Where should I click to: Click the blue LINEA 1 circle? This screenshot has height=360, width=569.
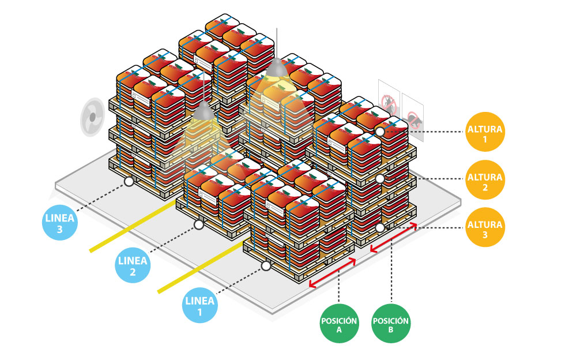point(200,306)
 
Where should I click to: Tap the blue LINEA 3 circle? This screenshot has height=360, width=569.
point(60,223)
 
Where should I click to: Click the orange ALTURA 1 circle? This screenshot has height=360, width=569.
point(485,130)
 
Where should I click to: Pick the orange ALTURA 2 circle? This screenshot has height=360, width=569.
point(485,178)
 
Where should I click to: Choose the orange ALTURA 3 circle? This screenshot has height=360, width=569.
point(485,226)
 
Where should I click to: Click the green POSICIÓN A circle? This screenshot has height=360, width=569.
point(339,325)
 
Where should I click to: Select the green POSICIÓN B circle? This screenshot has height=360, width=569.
point(391,325)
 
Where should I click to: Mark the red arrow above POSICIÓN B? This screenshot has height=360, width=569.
point(393,238)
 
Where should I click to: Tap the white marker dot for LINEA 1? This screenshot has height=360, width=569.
point(266,266)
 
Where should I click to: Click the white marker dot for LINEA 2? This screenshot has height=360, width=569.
point(199,223)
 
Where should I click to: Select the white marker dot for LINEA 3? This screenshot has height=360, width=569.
point(129,181)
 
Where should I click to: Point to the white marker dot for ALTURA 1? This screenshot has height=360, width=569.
point(380,132)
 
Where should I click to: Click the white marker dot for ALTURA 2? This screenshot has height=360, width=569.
point(380,179)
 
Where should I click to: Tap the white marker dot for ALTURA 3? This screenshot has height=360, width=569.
point(380,228)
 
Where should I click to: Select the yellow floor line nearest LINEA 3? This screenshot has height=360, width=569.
point(133,226)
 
